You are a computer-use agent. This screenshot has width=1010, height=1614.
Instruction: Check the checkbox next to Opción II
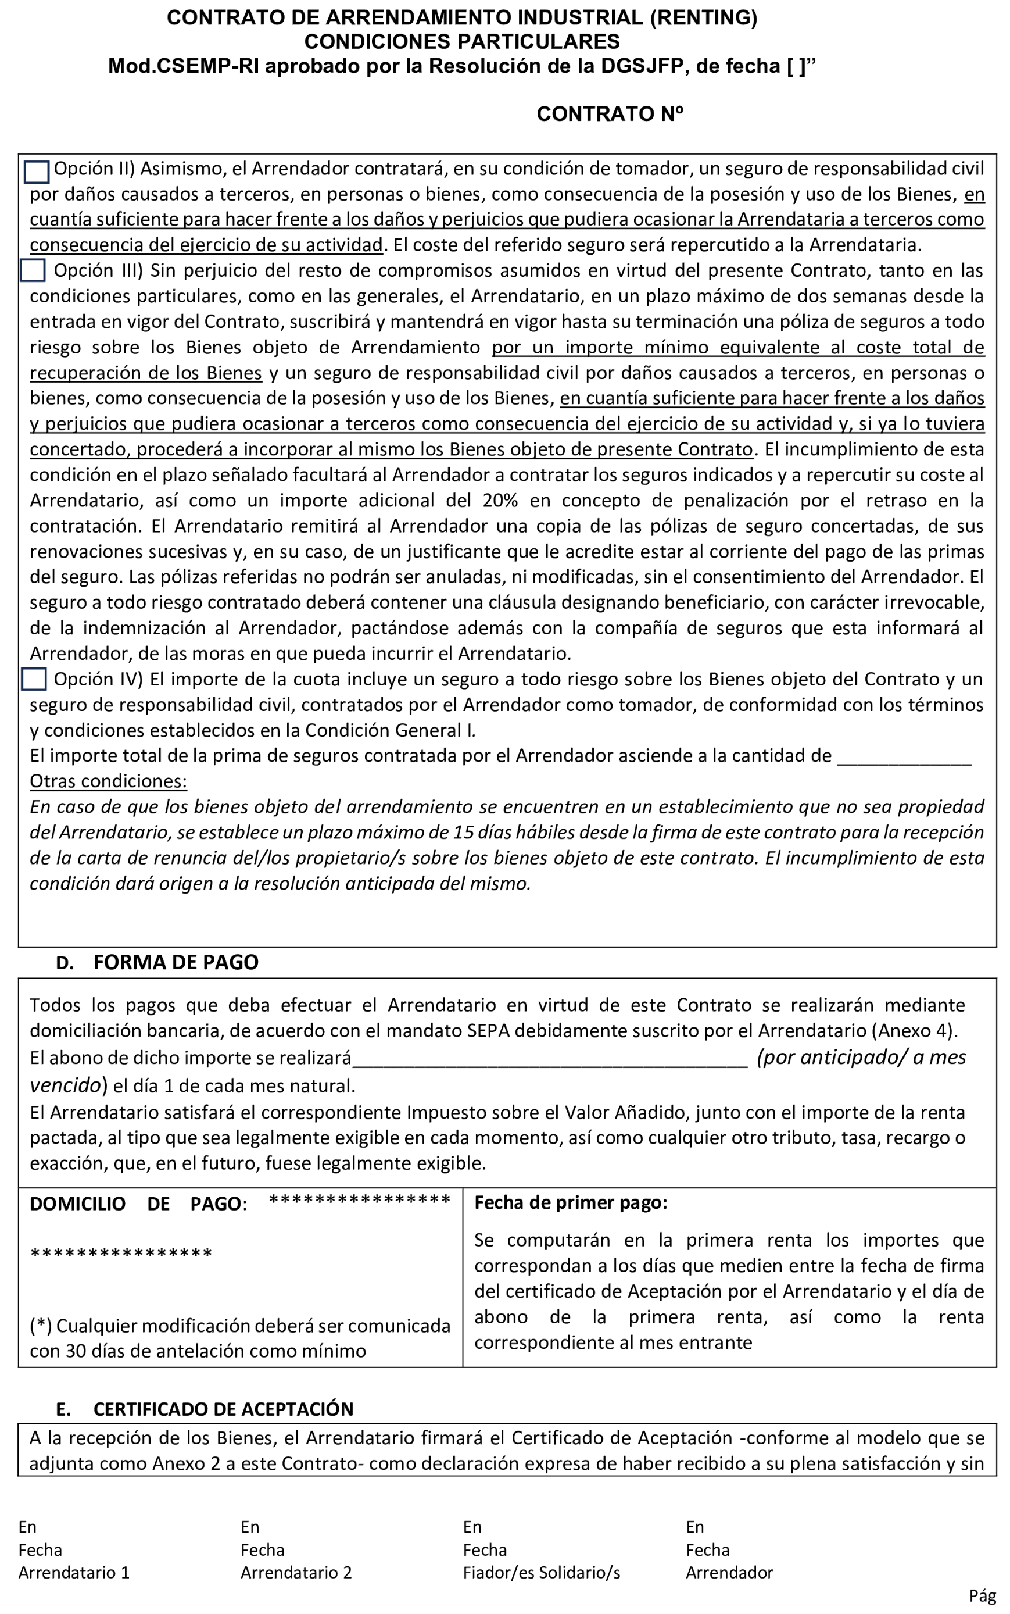[x=37, y=172]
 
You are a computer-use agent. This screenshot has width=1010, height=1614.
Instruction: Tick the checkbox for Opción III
[x=33, y=271]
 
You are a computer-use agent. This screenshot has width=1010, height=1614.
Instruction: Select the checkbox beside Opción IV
[x=34, y=679]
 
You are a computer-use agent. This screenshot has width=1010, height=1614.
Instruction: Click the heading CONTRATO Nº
[x=609, y=115]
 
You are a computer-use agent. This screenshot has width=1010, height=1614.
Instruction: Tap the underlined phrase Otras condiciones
[x=108, y=781]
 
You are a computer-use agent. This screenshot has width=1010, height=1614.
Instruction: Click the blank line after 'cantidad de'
[x=903, y=757]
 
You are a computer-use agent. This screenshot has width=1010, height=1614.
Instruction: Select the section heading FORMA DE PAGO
[x=175, y=962]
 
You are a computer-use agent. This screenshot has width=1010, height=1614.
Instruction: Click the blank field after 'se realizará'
[x=549, y=1059]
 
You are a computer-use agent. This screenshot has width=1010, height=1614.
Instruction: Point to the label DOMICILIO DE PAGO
[x=137, y=1204]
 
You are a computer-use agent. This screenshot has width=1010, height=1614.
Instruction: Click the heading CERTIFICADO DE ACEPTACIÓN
[x=223, y=1409]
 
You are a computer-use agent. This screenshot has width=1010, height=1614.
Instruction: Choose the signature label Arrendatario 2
[x=296, y=1573]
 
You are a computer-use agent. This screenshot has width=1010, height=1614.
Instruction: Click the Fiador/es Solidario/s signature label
[x=541, y=1573]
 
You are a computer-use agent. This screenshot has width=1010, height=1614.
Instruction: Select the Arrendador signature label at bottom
[x=729, y=1573]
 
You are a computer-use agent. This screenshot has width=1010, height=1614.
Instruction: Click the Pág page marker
[x=982, y=1595]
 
